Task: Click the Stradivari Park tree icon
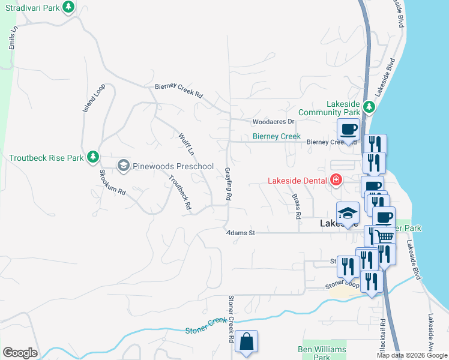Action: click(69, 7)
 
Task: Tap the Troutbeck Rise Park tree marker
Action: click(92, 157)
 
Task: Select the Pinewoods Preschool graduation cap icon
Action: click(124, 166)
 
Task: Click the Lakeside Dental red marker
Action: click(336, 179)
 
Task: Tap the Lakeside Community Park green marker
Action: click(369, 107)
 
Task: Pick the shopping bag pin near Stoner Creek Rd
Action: click(246, 342)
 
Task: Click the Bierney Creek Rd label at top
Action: click(179, 91)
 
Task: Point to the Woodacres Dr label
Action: click(276, 122)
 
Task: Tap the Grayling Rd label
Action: click(229, 184)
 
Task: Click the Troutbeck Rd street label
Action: click(180, 191)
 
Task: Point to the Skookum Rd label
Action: click(112, 183)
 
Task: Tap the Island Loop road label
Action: click(94, 97)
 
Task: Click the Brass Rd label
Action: click(296, 205)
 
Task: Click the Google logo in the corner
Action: click(20, 353)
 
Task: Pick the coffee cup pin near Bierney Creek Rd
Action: click(348, 129)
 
